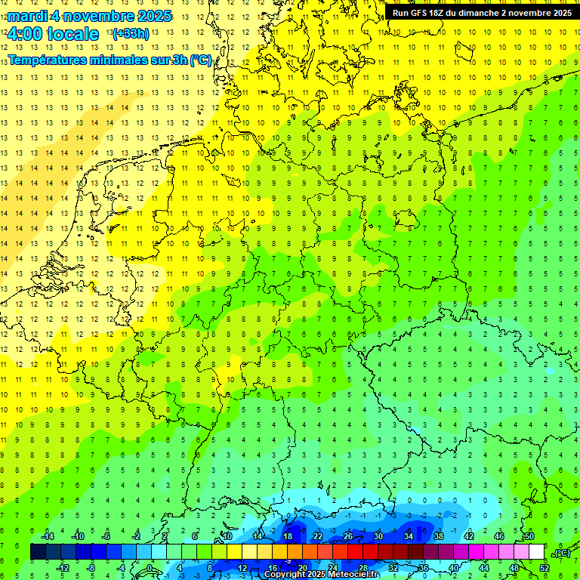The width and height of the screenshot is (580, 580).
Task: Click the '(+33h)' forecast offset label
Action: [x=130, y=34]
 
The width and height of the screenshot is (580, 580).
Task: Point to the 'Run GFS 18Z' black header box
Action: [x=482, y=13]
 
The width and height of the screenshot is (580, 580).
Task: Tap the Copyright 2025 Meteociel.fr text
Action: [x=321, y=575]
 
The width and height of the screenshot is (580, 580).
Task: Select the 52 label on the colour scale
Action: [x=545, y=568]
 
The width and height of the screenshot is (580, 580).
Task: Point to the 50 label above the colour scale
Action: [x=529, y=536]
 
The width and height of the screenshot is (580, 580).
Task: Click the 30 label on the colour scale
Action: [x=378, y=536]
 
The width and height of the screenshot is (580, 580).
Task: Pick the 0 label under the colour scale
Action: [x=150, y=568]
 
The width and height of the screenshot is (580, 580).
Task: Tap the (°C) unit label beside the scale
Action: [x=562, y=553]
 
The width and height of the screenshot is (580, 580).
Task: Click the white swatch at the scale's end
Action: [x=537, y=552]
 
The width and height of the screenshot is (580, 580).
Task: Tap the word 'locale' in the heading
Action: [x=74, y=34]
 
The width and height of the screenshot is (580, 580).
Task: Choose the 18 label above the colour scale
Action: [x=288, y=536]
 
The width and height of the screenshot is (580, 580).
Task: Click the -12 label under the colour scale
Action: [x=63, y=568]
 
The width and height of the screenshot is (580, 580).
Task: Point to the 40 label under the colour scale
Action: [x=454, y=568]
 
